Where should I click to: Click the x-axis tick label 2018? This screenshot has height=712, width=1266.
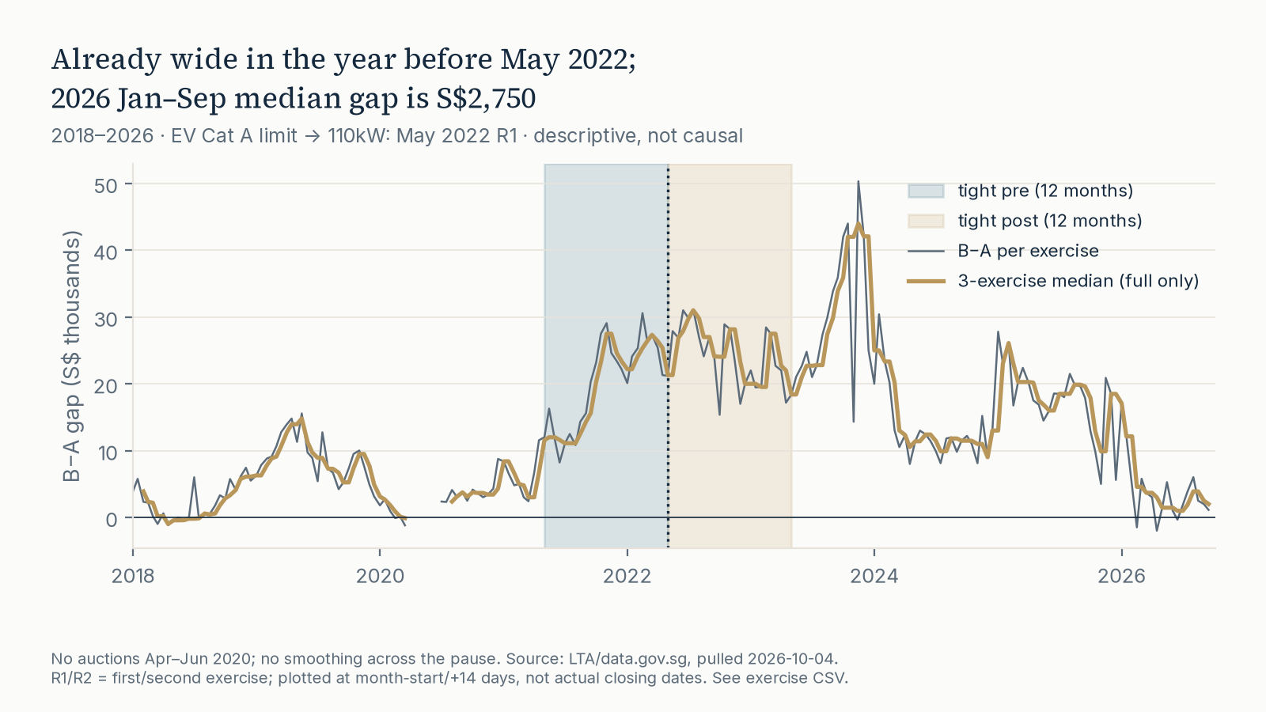[133, 576]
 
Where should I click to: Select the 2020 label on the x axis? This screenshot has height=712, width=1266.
[380, 576]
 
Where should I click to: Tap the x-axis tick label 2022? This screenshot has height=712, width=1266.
[627, 576]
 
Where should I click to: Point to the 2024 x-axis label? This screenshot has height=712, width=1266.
[874, 576]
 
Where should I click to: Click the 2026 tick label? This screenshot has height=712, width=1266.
[1121, 576]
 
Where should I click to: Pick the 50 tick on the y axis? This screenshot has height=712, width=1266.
[106, 185]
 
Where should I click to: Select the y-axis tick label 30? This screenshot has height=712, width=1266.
[106, 320]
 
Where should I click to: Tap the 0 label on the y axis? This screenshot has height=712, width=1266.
[112, 519]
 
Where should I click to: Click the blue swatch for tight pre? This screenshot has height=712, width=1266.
[926, 191]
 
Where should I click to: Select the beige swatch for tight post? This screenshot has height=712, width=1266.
[926, 221]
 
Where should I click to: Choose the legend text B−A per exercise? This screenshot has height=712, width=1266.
[1028, 250]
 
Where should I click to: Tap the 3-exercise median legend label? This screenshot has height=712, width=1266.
[1078, 281]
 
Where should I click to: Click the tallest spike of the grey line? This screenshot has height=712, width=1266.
[858, 182]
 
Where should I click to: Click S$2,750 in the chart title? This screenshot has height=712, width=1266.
[486, 98]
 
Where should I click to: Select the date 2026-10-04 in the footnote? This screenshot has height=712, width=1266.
[792, 659]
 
